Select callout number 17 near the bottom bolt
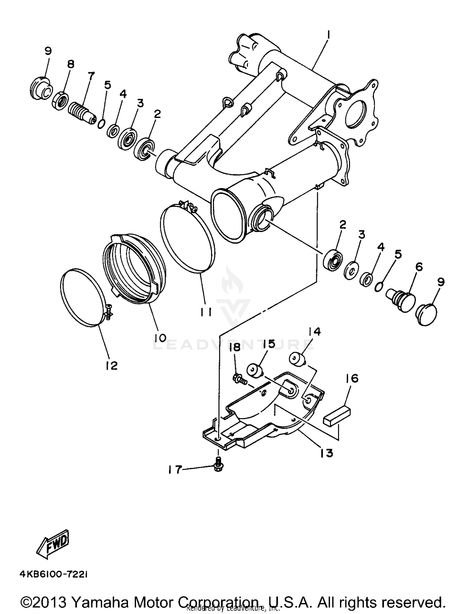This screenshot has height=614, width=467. (175, 470)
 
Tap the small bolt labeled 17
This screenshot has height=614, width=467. (218, 465)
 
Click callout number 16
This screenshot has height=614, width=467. (352, 379)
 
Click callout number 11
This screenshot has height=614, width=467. (206, 312)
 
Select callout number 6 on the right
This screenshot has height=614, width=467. (419, 267)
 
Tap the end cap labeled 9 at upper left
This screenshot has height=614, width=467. (41, 88)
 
